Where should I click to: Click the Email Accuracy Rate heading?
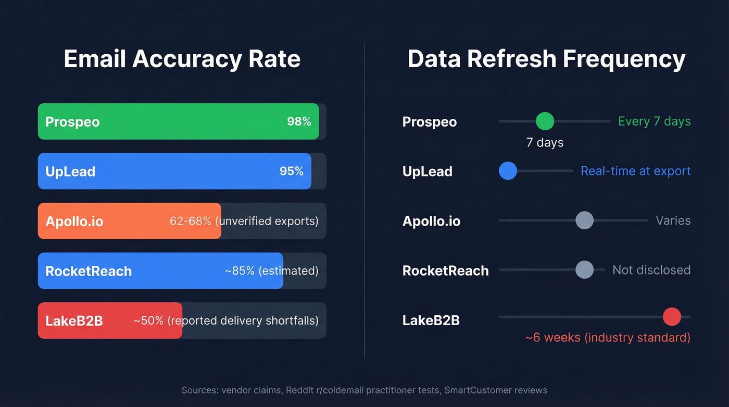tap(182, 59)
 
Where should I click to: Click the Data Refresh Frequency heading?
tap(546, 59)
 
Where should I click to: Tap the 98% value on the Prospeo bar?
tap(299, 121)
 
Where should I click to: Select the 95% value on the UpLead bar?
tap(291, 171)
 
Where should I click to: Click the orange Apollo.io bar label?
tap(74, 221)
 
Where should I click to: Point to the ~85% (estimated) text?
tap(271, 271)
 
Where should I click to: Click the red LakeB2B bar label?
tap(74, 321)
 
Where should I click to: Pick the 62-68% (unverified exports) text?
tap(244, 221)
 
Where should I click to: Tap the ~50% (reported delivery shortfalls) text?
tap(226, 320)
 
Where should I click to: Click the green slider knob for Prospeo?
tap(545, 121)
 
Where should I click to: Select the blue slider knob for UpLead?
tap(508, 171)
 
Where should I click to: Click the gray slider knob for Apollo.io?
tap(584, 220)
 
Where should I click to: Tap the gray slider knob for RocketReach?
tap(584, 270)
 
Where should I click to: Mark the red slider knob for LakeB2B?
tap(672, 317)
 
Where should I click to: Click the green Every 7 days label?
tap(654, 121)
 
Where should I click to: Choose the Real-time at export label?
tap(635, 171)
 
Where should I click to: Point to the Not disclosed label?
tap(651, 270)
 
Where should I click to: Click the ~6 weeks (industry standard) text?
tap(607, 338)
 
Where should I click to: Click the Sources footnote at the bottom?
tap(364, 390)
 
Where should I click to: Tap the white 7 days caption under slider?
tap(545, 142)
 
